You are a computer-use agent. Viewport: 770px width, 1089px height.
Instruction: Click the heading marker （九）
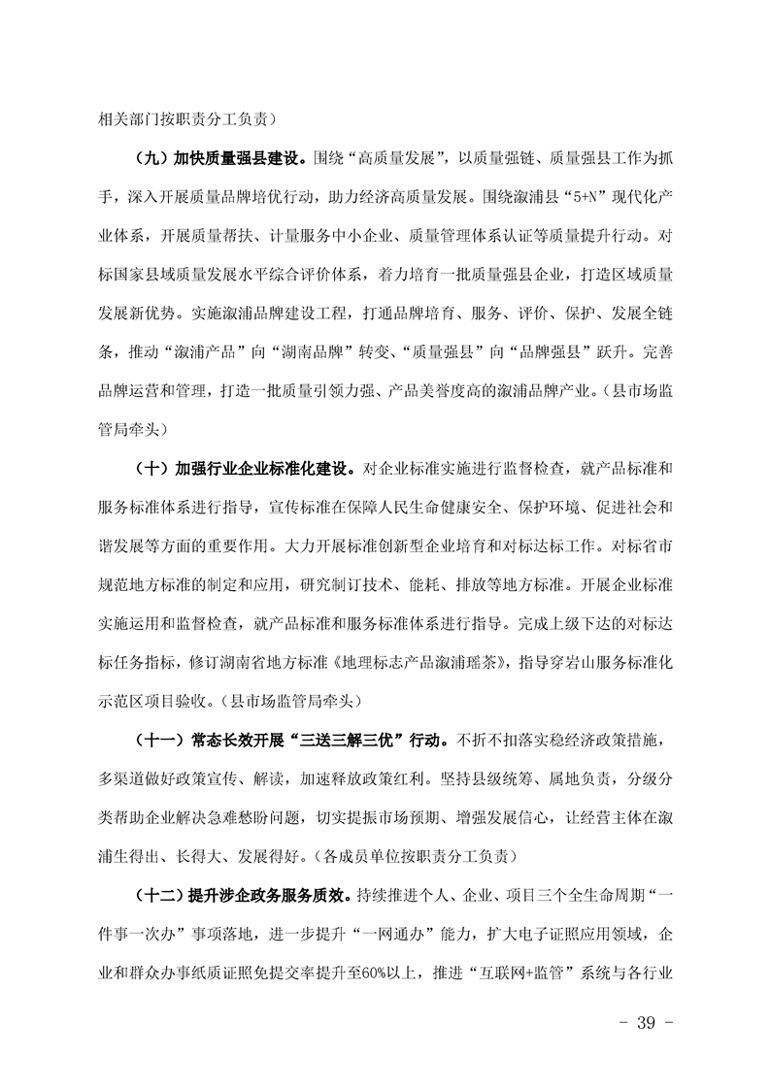pos(151,155)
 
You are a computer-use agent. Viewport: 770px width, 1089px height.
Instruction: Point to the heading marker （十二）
pos(157,893)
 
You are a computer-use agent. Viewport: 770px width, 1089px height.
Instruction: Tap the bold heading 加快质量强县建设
pos(241,155)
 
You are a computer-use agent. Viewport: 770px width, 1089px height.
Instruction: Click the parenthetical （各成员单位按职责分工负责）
pos(426,857)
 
